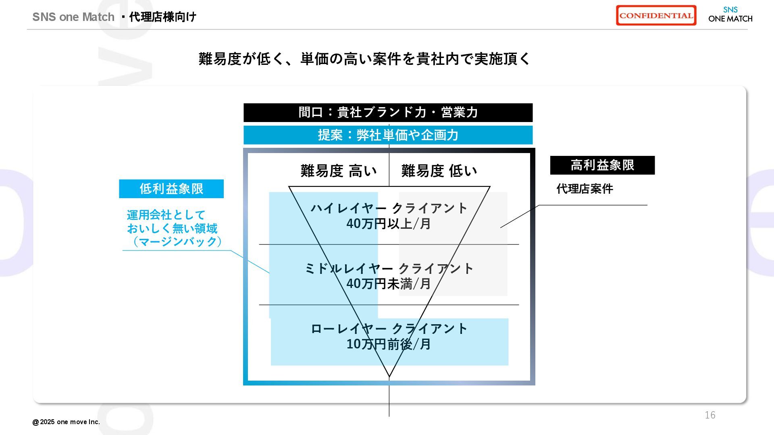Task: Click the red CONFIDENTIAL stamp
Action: point(656,16)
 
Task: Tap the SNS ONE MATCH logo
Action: point(730,15)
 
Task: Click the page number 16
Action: point(710,415)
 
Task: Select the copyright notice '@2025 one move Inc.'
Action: point(66,422)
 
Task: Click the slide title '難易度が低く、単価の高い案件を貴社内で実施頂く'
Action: point(364,59)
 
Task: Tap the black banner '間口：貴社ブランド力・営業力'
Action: point(388,112)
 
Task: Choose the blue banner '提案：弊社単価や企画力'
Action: point(388,135)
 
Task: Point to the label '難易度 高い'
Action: point(339,171)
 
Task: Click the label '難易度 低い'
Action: point(439,171)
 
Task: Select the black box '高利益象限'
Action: point(602,165)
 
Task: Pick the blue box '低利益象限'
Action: point(171,188)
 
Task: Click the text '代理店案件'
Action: point(585,188)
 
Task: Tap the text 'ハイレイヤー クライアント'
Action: point(389,208)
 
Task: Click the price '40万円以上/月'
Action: point(389,224)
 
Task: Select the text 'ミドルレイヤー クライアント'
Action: point(389,269)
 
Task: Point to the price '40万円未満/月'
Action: point(389,284)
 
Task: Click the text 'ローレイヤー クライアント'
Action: point(389,329)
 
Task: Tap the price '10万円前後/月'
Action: point(389,344)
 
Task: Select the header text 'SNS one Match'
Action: point(73,17)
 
